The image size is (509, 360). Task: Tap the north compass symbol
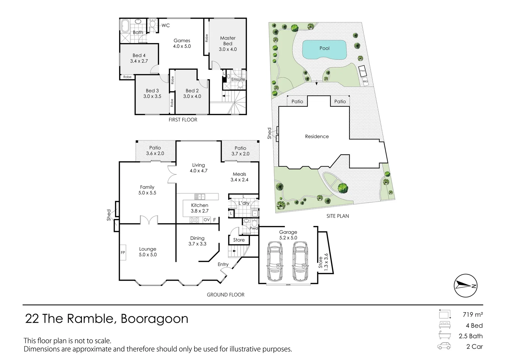(465, 286)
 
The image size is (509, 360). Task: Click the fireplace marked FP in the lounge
(123, 253)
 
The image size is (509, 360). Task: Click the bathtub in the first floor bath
(125, 26)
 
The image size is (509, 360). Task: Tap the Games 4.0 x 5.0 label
(182, 43)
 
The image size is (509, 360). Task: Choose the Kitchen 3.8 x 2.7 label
(200, 208)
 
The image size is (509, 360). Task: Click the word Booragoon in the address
(154, 319)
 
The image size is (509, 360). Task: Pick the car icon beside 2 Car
(444, 346)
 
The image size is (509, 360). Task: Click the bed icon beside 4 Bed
(444, 325)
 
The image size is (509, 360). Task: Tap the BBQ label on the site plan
(365, 81)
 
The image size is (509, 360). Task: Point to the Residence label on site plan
(317, 136)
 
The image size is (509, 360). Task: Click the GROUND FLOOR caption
(226, 295)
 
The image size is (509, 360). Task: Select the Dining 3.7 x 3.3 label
(197, 241)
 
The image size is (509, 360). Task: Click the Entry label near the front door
(223, 264)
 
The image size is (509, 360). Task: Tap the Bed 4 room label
(139, 58)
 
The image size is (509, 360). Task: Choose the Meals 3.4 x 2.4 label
(240, 177)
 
